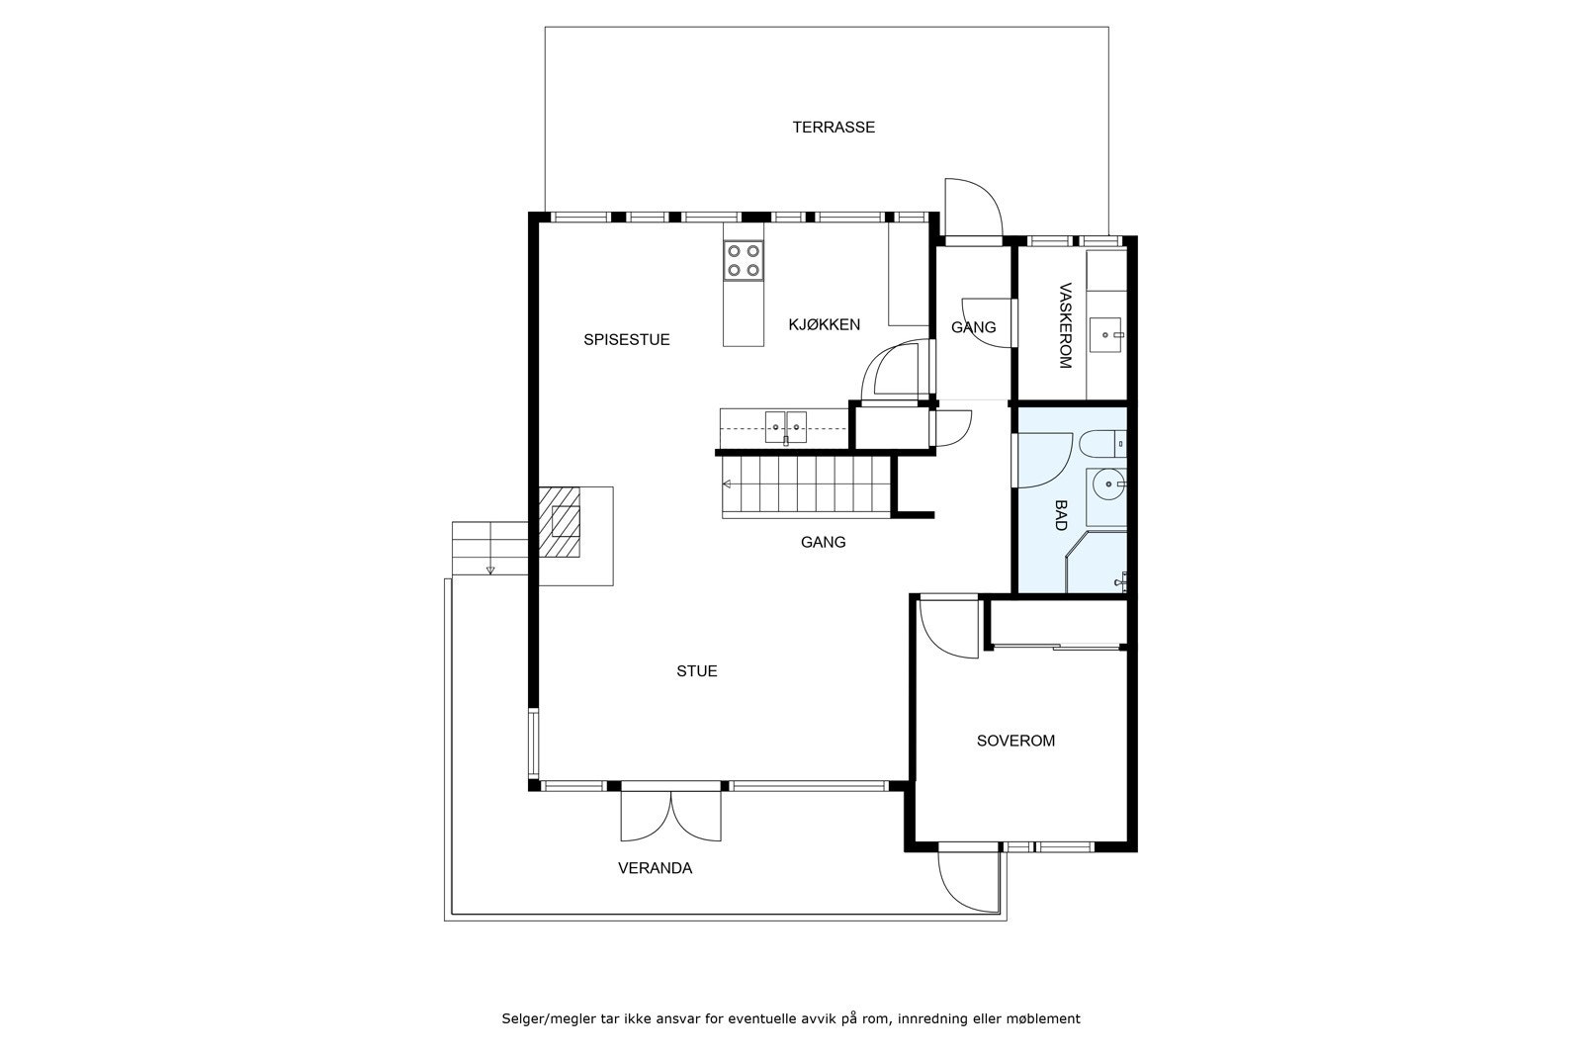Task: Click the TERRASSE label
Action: pyautogui.click(x=834, y=128)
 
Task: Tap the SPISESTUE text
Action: pyautogui.click(x=627, y=340)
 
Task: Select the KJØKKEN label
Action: pyautogui.click(x=825, y=325)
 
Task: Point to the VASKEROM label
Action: pyautogui.click(x=1066, y=325)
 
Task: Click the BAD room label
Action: pyautogui.click(x=1061, y=515)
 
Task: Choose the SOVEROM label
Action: pyautogui.click(x=1015, y=741)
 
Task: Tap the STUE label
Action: pyautogui.click(x=697, y=670)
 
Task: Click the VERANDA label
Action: pyautogui.click(x=655, y=868)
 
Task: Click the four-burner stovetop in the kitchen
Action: pyautogui.click(x=743, y=261)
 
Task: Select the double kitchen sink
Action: pyautogui.click(x=785, y=427)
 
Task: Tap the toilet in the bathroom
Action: pyautogui.click(x=1102, y=443)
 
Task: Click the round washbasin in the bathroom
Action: pyautogui.click(x=1108, y=484)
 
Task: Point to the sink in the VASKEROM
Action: pyautogui.click(x=1106, y=335)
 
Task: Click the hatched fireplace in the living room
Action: pyautogui.click(x=560, y=522)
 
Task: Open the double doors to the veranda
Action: pyautogui.click(x=671, y=817)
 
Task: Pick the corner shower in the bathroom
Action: pyautogui.click(x=1097, y=562)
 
